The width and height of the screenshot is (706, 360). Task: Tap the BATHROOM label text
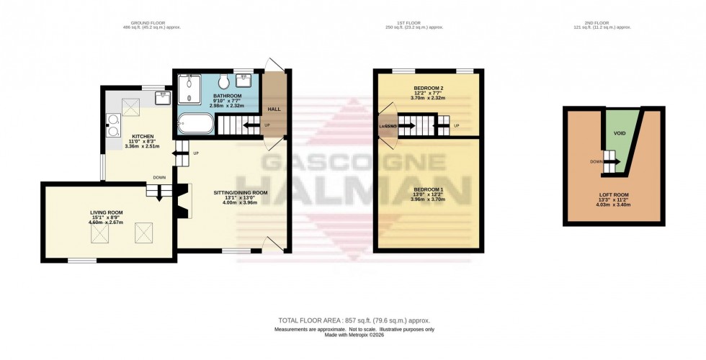[x=228, y=95]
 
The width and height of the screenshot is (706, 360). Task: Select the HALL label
[x=274, y=109]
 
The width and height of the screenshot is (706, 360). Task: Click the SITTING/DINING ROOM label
[x=241, y=193]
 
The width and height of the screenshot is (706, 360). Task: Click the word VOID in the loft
[x=617, y=133]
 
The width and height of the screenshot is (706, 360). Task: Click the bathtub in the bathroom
[x=195, y=124]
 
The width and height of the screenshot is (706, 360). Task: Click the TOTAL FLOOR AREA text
[x=353, y=320]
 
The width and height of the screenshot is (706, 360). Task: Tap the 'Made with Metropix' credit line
[x=353, y=335]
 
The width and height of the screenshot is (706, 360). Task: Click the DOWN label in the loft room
[x=596, y=162]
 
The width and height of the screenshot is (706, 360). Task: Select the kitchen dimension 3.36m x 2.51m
[x=131, y=146]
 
